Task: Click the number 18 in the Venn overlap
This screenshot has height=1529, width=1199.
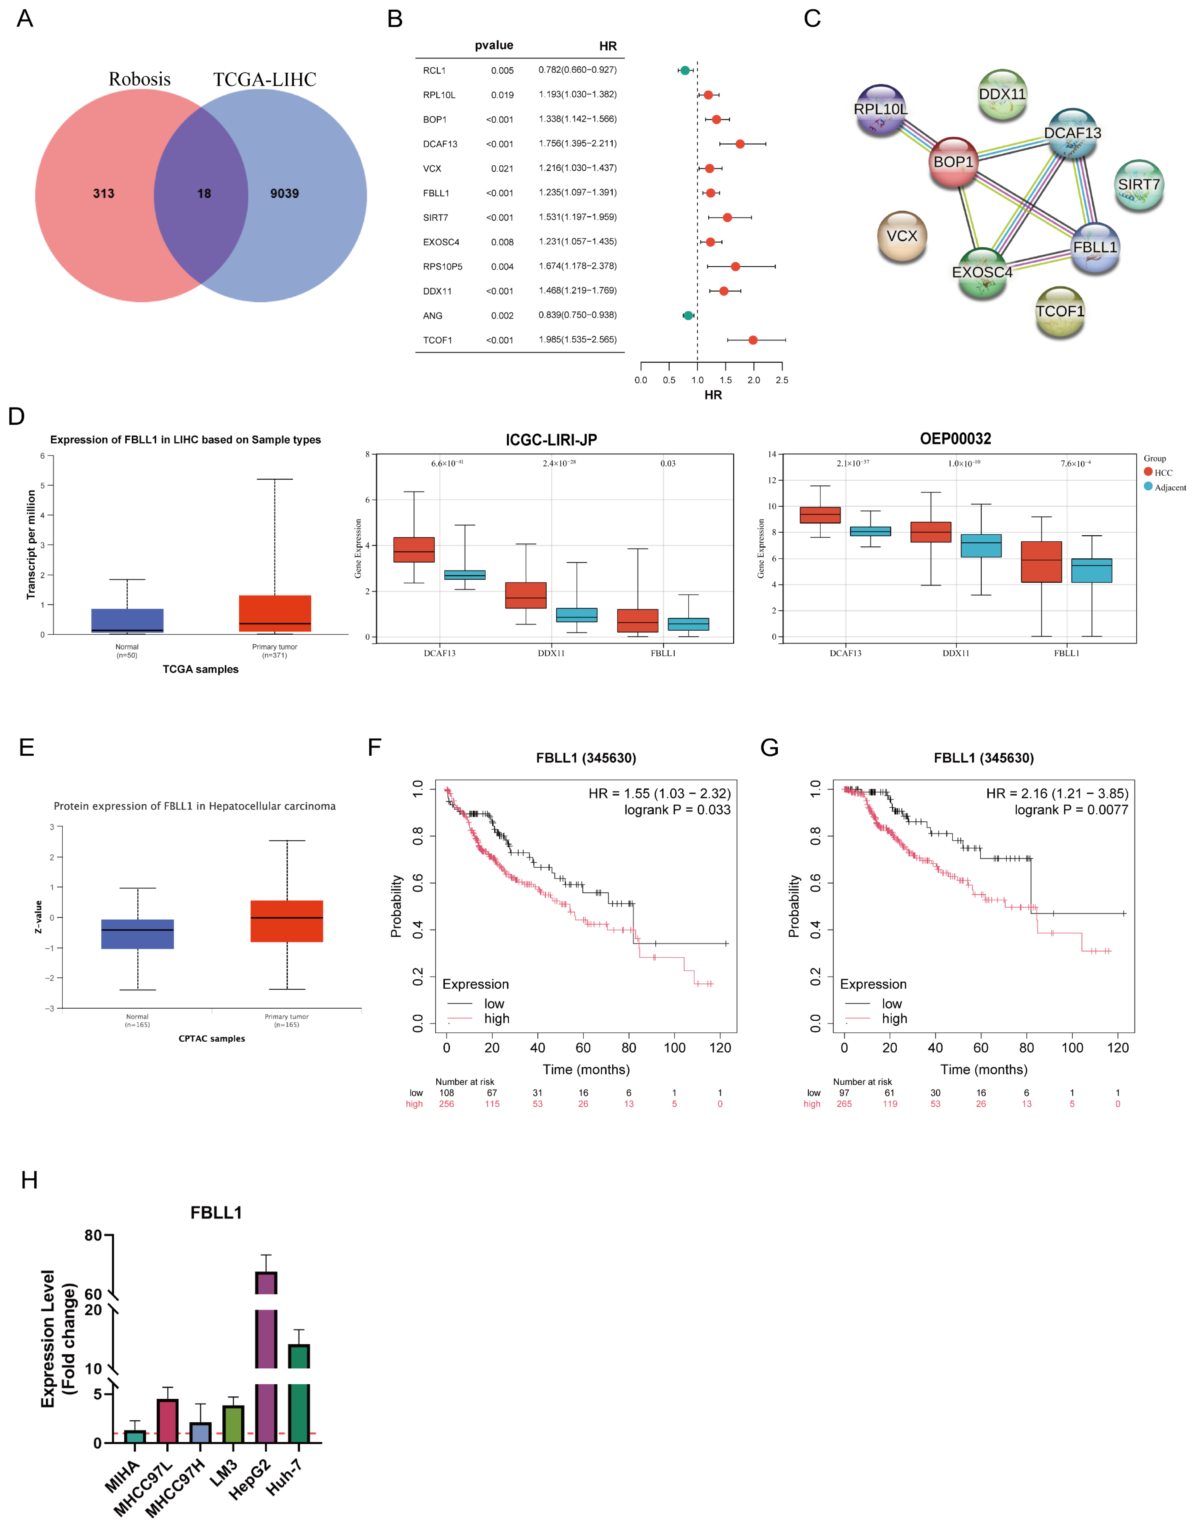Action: pos(204,194)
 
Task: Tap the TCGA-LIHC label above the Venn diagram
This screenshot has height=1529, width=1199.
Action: pos(265,79)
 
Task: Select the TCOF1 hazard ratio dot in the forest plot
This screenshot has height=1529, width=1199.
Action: pos(752,340)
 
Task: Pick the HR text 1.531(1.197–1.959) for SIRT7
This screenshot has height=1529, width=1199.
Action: pos(577,217)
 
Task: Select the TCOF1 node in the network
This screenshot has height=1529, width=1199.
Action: pos(1059,311)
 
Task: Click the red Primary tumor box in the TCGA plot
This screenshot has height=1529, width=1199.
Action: pos(275,613)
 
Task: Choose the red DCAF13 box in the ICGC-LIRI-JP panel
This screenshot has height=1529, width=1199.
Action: pos(414,549)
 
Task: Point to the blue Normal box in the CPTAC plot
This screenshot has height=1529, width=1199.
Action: pos(138,934)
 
